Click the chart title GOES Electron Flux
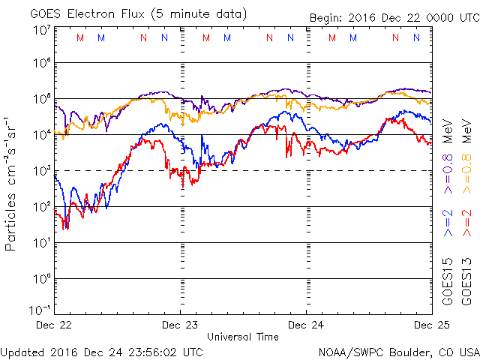(x=87, y=14)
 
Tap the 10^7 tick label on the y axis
(x=42, y=31)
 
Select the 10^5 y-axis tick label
(x=42, y=98)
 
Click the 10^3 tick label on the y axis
(x=42, y=170)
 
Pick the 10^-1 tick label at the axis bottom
(x=40, y=310)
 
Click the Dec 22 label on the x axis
(x=54, y=325)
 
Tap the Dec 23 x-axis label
(x=180, y=325)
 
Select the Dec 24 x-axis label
(x=306, y=325)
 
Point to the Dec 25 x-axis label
(x=432, y=325)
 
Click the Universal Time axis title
(x=243, y=337)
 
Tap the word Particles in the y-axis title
(x=10, y=222)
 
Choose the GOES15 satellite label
(x=448, y=282)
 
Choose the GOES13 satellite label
(x=466, y=282)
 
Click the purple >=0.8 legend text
(x=448, y=174)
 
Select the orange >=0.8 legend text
(x=466, y=174)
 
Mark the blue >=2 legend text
(x=448, y=223)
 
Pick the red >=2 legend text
(x=466, y=223)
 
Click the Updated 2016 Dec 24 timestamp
(x=102, y=352)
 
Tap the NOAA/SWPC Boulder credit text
(x=399, y=352)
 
